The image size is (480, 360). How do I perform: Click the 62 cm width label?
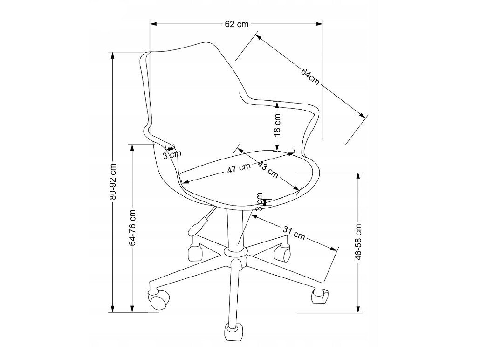point(236,24)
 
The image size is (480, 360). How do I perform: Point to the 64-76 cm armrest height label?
point(133,228)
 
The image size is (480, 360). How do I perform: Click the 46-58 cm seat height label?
point(358,242)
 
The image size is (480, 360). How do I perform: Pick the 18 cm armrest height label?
point(277,125)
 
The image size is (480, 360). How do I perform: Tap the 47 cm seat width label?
point(239,169)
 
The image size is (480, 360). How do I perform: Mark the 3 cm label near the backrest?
point(171,155)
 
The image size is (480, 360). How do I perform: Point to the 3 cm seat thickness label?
point(260,202)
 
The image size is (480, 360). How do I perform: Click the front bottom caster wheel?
point(234,332)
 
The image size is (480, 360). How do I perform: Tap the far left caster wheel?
point(158,298)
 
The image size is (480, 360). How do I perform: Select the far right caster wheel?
point(320,295)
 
